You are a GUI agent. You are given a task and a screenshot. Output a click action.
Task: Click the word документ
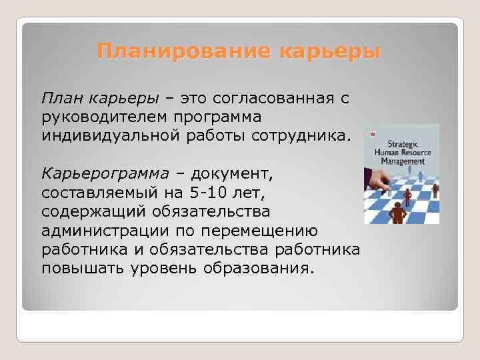point(231,174)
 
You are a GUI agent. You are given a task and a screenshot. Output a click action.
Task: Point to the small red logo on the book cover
point(372,133)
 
